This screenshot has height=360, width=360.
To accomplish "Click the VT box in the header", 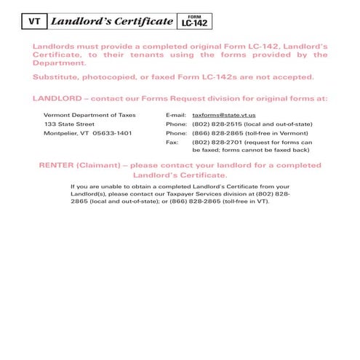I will (x=33, y=21).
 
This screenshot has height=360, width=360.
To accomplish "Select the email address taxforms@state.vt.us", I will (x=223, y=116).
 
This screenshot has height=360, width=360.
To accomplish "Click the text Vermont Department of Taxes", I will (x=89, y=116).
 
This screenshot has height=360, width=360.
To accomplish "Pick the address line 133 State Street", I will (x=69, y=124).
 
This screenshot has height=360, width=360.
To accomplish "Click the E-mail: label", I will (x=176, y=116).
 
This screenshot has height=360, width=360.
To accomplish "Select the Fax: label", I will (x=172, y=143).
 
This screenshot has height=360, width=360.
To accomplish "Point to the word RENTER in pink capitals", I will (x=58, y=166).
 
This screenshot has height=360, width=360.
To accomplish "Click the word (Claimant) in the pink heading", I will (x=103, y=166).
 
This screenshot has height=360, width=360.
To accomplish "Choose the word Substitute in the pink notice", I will (x=58, y=77).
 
